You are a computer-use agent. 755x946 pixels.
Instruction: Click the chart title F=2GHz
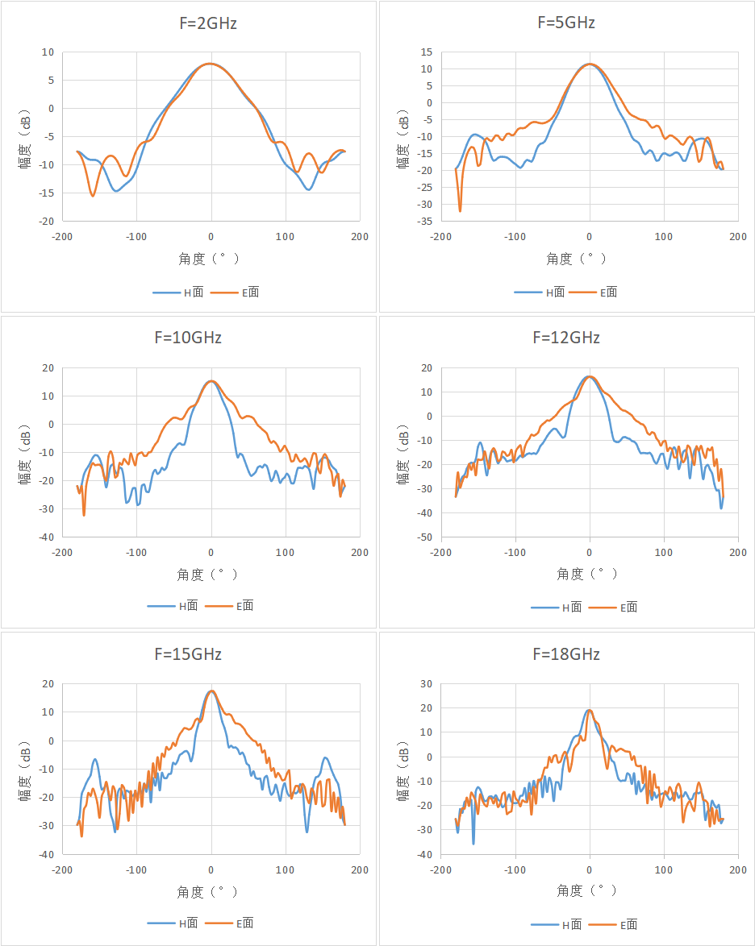click(208, 23)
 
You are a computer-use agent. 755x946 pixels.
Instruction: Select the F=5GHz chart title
click(566, 23)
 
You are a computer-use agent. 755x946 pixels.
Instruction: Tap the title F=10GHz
click(188, 338)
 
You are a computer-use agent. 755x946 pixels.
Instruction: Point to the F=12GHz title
click(566, 338)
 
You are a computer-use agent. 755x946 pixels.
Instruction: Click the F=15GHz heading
click(188, 654)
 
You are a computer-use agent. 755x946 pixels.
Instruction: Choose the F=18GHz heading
click(566, 654)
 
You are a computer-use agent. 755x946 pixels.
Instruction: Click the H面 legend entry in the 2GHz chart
click(178, 293)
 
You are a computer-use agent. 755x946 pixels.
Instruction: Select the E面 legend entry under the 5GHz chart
click(594, 293)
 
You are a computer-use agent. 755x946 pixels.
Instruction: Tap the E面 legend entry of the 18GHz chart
click(613, 924)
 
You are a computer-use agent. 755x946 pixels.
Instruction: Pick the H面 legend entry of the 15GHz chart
click(173, 923)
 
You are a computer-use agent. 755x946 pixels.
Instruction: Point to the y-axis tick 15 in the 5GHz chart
click(427, 52)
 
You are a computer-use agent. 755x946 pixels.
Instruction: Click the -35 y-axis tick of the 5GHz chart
click(424, 222)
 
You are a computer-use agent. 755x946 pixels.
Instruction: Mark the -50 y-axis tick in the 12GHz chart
click(424, 537)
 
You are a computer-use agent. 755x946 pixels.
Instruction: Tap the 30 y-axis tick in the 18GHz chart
click(427, 684)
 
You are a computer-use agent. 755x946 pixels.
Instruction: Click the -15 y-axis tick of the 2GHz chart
click(47, 193)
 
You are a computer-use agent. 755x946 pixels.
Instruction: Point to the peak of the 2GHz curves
click(211, 64)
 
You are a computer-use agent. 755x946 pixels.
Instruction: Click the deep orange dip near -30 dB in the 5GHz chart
click(461, 210)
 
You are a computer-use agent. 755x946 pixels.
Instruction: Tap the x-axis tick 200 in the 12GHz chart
click(738, 553)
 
